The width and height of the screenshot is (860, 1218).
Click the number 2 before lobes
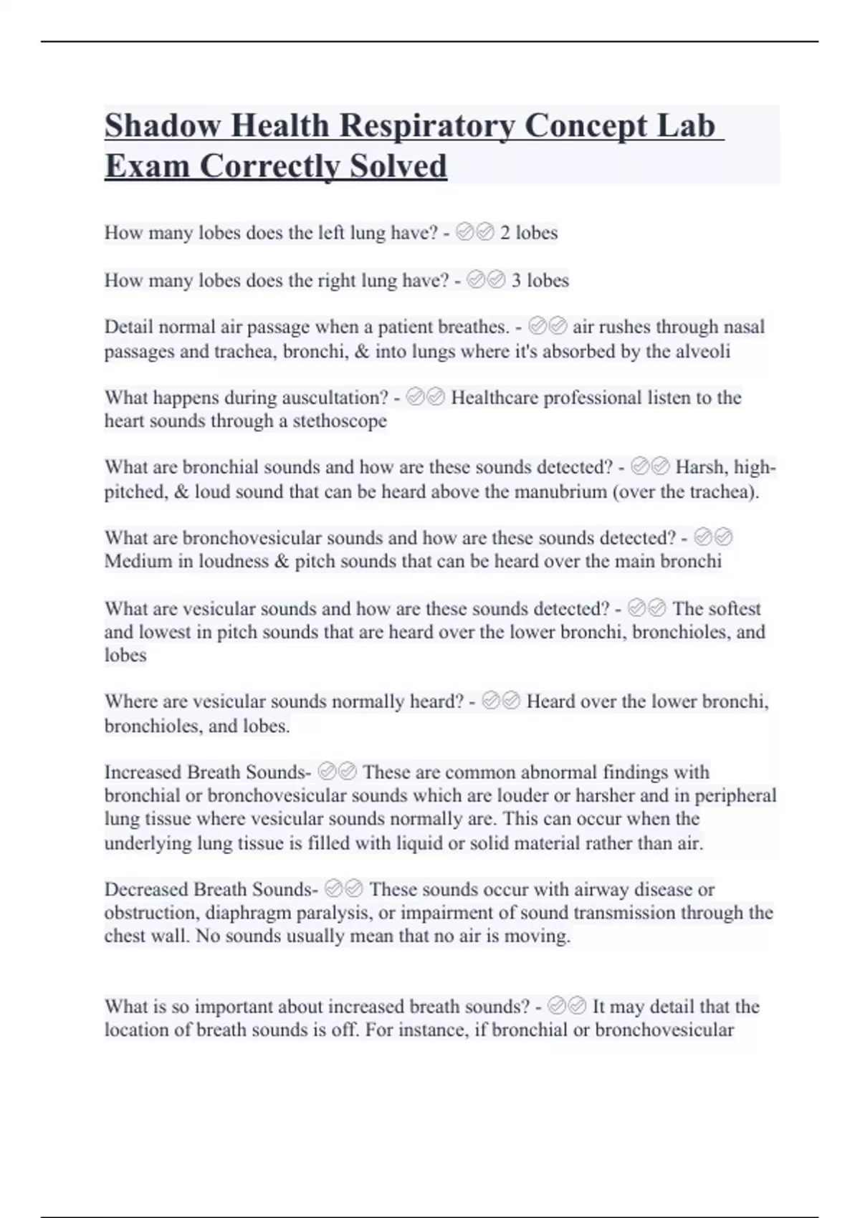point(505,233)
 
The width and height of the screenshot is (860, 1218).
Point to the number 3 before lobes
point(517,280)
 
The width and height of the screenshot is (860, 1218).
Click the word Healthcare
point(494,398)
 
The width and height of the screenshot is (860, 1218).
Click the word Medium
point(138,561)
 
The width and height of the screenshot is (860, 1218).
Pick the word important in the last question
point(234,1007)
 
